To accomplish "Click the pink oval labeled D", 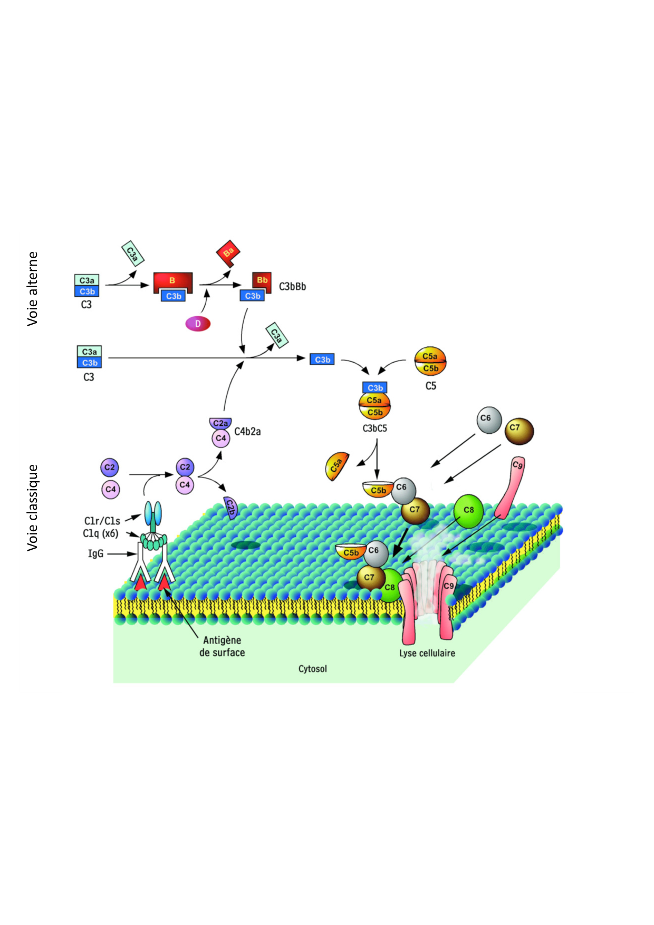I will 198,324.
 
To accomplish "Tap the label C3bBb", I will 292,287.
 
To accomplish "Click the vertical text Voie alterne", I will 33,288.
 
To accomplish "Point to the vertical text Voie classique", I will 33,508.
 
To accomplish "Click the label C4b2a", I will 247,432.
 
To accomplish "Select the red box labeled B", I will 172,280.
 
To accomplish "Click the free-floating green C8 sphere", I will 468,510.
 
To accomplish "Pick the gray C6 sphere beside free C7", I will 488,420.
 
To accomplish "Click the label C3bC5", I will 374,429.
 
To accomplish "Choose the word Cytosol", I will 313,669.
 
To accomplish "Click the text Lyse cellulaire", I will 427,653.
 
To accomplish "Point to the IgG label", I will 95,554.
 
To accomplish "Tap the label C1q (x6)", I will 101,533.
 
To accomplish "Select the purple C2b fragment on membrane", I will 230,507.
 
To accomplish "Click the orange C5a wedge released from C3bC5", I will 337,466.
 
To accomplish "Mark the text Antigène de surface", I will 222,646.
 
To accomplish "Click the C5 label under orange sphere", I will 431,386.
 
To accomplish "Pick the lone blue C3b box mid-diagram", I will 322,359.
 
